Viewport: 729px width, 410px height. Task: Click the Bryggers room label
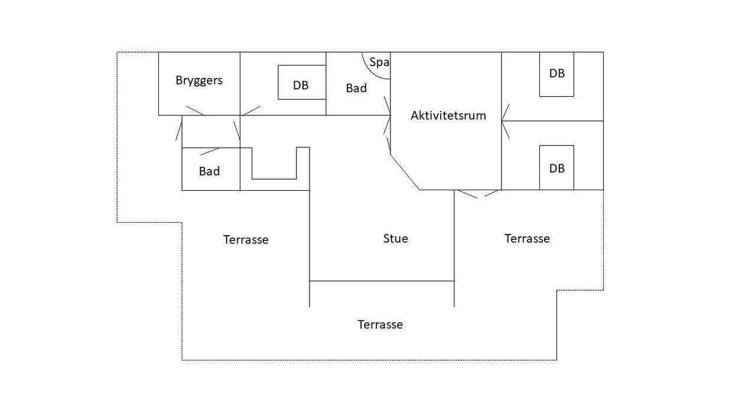199,80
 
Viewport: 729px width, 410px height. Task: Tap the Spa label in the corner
379,62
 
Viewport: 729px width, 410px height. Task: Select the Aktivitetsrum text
448,116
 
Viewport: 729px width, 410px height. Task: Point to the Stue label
395,239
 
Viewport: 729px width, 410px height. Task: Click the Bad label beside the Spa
356,88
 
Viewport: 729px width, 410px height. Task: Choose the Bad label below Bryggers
209,171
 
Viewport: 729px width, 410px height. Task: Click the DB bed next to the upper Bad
302,82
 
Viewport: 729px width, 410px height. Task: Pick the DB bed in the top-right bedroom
556,74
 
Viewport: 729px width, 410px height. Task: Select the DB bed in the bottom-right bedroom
556,168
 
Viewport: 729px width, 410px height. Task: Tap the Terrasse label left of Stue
246,240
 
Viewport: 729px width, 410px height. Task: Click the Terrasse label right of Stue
527,239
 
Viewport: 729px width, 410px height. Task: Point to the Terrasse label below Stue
380,324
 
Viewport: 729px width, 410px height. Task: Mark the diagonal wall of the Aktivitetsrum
405,172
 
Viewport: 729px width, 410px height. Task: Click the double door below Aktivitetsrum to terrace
478,194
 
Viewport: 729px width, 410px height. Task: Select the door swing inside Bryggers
195,110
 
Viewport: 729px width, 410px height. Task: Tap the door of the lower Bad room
210,151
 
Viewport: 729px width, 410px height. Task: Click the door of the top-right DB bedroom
506,112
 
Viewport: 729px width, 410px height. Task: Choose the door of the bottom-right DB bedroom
506,129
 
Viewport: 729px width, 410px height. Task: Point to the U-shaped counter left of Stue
274,179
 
